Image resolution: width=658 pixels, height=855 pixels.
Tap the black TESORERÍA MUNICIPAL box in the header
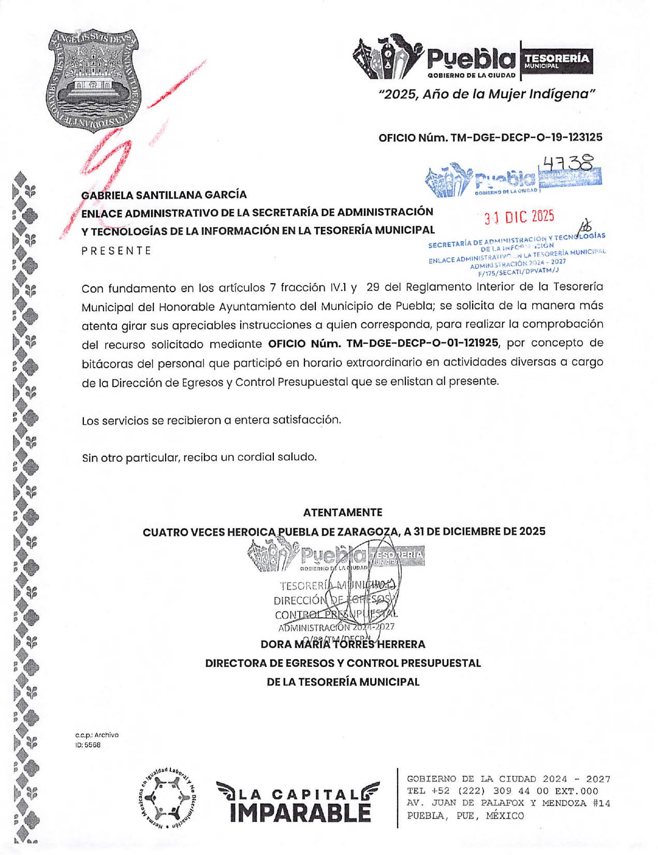(x=557, y=61)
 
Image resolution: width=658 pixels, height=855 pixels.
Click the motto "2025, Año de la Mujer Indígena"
(x=487, y=94)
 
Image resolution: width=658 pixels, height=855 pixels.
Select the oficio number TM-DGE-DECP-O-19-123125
(x=526, y=138)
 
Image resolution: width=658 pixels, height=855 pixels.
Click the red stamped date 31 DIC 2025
(x=519, y=218)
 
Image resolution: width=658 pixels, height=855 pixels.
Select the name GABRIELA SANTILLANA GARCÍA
(x=164, y=195)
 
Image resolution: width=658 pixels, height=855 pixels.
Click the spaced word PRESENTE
(x=116, y=251)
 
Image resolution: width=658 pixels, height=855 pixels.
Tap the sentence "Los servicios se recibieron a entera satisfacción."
(x=211, y=420)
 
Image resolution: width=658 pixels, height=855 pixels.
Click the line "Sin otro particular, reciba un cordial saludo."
(x=199, y=458)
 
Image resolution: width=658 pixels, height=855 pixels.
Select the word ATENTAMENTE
(x=343, y=513)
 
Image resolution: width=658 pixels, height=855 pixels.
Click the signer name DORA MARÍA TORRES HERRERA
(x=343, y=645)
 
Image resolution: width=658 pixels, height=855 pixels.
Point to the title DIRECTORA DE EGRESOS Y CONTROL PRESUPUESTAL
(x=343, y=663)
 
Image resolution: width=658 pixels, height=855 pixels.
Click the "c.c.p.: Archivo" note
(x=97, y=735)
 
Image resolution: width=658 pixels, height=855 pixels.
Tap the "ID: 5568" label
(x=88, y=745)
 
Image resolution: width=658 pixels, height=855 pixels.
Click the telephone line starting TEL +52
(x=502, y=791)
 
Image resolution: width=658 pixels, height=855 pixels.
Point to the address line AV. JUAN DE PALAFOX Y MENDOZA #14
(x=508, y=804)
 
